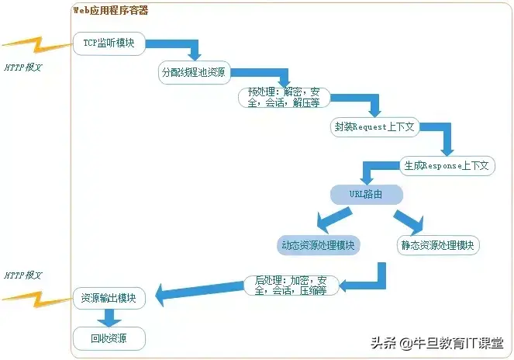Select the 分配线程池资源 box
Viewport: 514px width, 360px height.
tap(193, 72)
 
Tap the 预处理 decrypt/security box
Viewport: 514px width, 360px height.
tap(284, 97)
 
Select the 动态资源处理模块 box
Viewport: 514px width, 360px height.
tap(320, 245)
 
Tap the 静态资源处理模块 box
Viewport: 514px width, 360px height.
tap(439, 245)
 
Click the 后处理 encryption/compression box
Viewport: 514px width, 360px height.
tap(286, 285)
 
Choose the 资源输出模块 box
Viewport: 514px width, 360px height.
tap(109, 298)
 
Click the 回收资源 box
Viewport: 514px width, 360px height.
tap(109, 338)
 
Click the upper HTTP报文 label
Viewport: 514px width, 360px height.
tap(22, 67)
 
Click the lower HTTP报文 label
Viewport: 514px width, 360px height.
tap(22, 275)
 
